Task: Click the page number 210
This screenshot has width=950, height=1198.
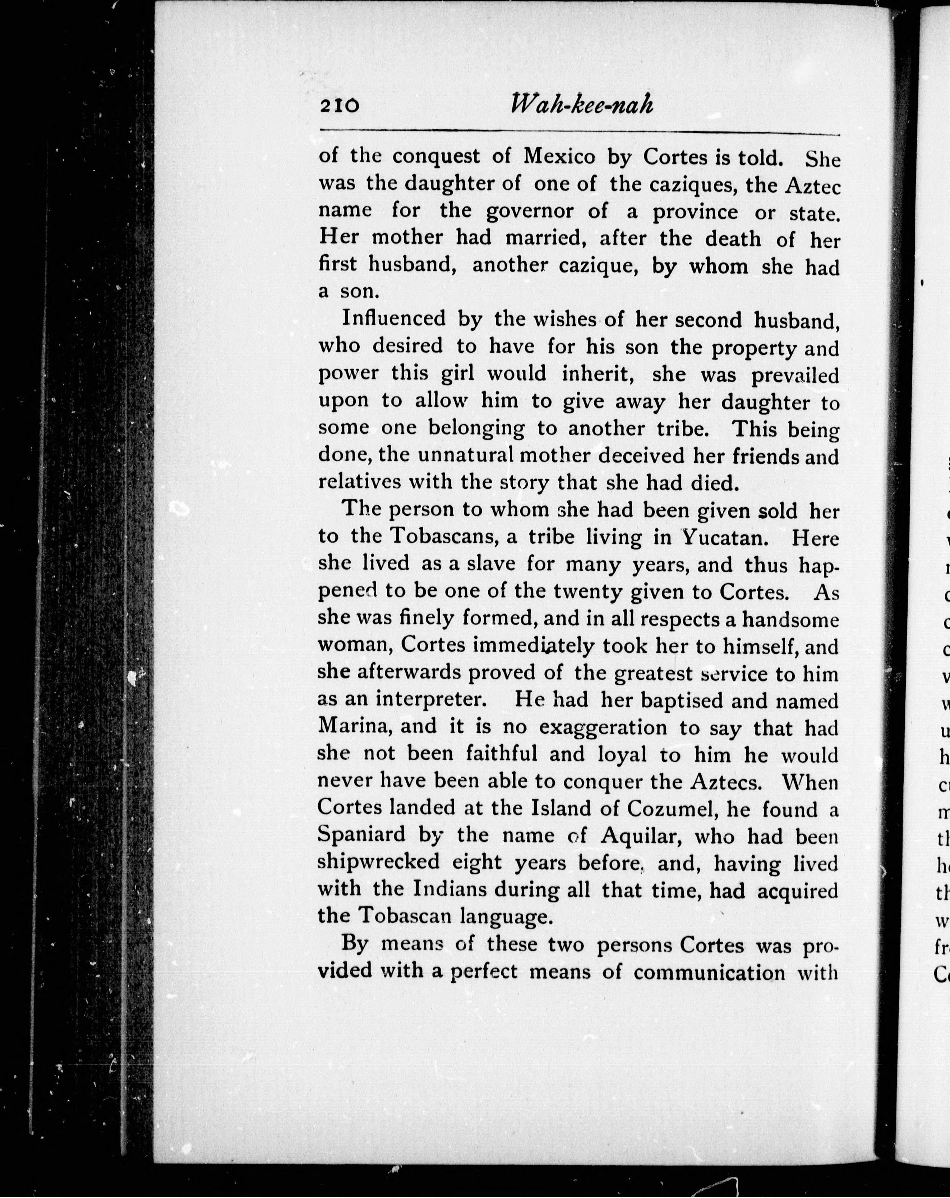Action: [340, 105]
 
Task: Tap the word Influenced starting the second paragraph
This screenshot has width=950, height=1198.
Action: [393, 319]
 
